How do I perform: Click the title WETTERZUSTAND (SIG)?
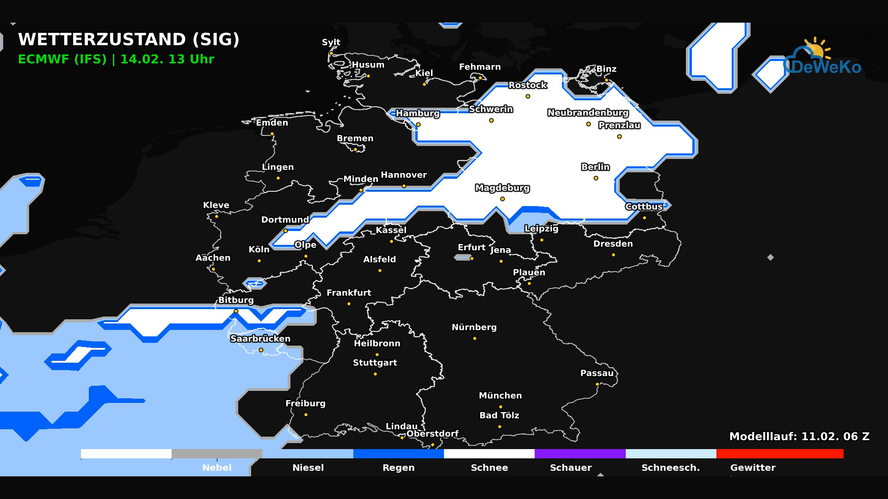[129, 40]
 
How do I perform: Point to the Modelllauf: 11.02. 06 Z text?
[799, 437]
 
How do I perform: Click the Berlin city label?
[595, 167]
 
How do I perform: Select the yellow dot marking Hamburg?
[418, 125]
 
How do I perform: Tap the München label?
[500, 396]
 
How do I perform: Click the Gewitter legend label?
[752, 468]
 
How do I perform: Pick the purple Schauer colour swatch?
[580, 454]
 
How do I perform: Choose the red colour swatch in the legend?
[779, 454]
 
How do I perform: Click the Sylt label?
[331, 43]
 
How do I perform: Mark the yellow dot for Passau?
[597, 384]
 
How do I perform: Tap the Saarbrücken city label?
[260, 339]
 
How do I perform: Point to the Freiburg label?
[305, 403]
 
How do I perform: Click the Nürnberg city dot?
[475, 339]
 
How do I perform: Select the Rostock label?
[528, 85]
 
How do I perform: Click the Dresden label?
[613, 244]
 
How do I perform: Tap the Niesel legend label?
[308, 468]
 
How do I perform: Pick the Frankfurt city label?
[349, 293]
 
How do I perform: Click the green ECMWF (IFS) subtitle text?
[116, 60]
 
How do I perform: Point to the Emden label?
[272, 123]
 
